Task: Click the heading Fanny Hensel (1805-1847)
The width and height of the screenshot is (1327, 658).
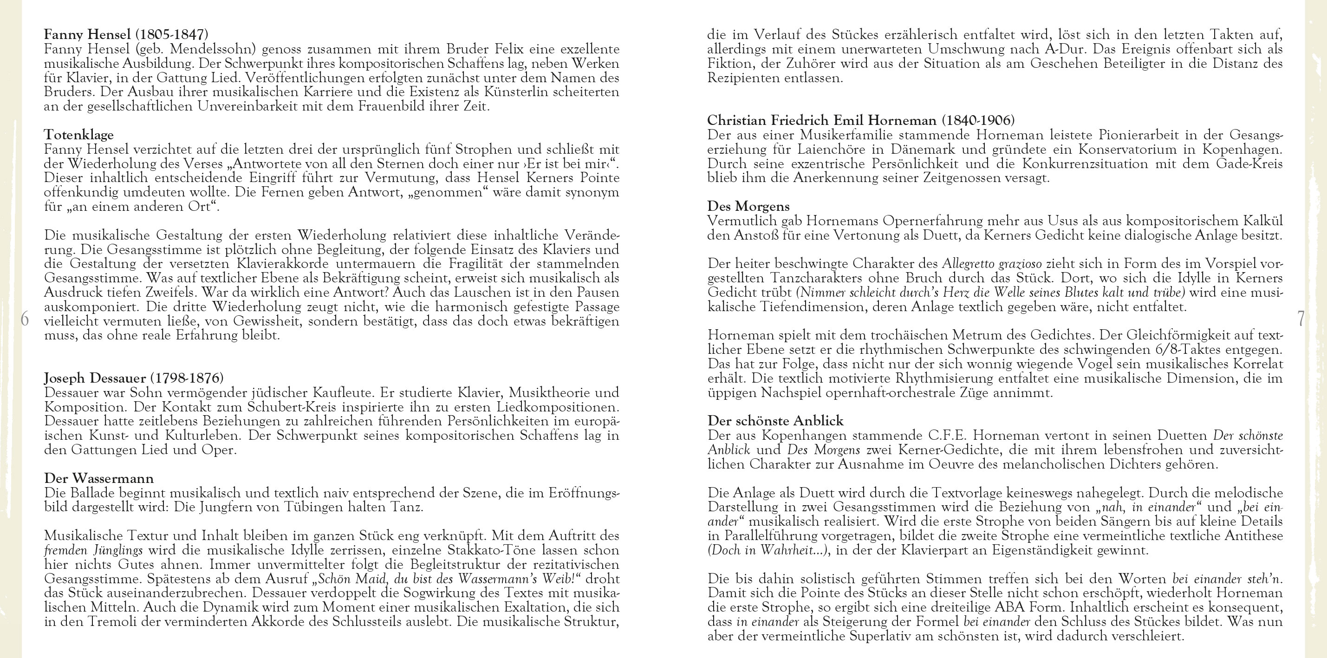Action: coord(126,35)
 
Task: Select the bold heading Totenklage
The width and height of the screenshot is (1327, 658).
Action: coord(79,135)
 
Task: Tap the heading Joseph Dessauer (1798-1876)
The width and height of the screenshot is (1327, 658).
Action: coord(133,378)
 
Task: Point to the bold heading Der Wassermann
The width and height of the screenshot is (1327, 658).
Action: coord(99,478)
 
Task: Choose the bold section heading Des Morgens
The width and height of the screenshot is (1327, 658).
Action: coord(748,207)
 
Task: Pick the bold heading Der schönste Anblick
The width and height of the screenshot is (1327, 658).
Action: coord(775,421)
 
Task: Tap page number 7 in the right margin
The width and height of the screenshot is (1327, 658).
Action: coord(1301,319)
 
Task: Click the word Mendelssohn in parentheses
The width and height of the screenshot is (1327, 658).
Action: coord(213,50)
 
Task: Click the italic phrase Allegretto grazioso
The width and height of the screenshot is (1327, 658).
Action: coord(992,264)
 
